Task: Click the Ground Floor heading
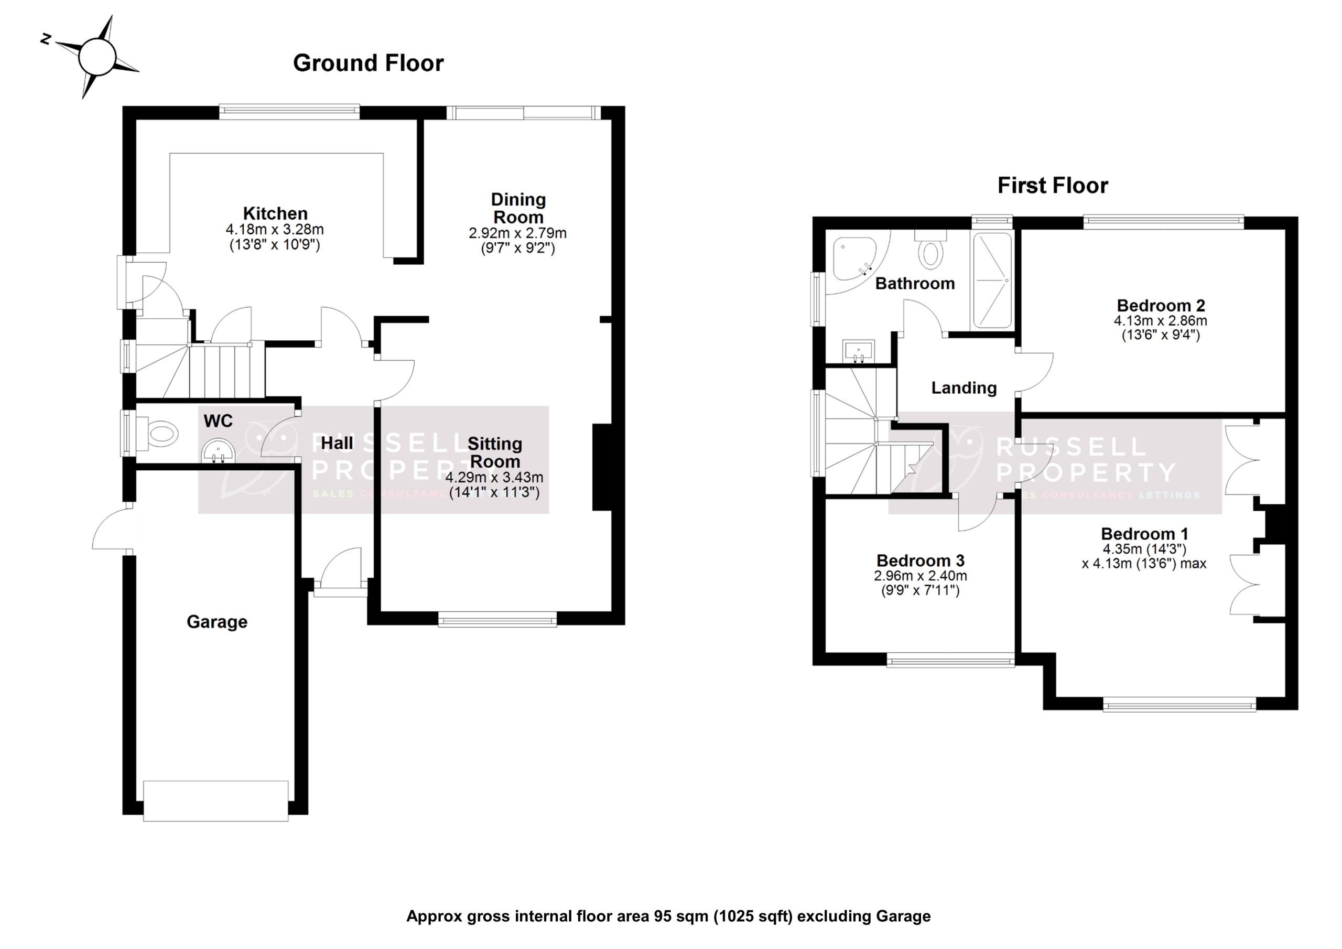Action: (367, 63)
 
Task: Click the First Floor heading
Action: (1052, 186)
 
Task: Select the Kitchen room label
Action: (275, 213)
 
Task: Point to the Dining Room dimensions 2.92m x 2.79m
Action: (517, 233)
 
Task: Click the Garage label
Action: (217, 621)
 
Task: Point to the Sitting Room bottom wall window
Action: (497, 619)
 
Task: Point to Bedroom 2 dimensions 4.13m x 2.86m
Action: (1160, 321)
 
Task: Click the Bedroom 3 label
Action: (920, 560)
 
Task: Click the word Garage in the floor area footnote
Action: (903, 916)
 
